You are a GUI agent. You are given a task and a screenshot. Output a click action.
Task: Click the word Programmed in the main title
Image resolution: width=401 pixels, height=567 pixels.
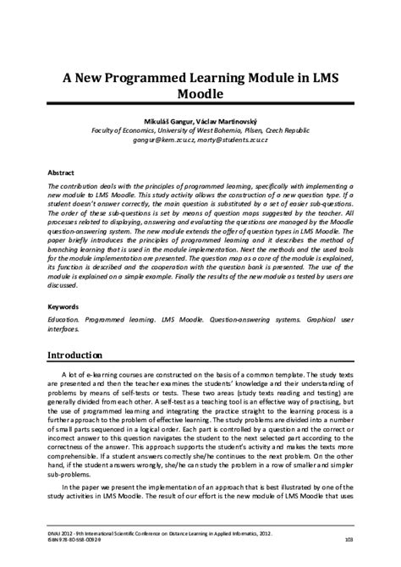[141, 75]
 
